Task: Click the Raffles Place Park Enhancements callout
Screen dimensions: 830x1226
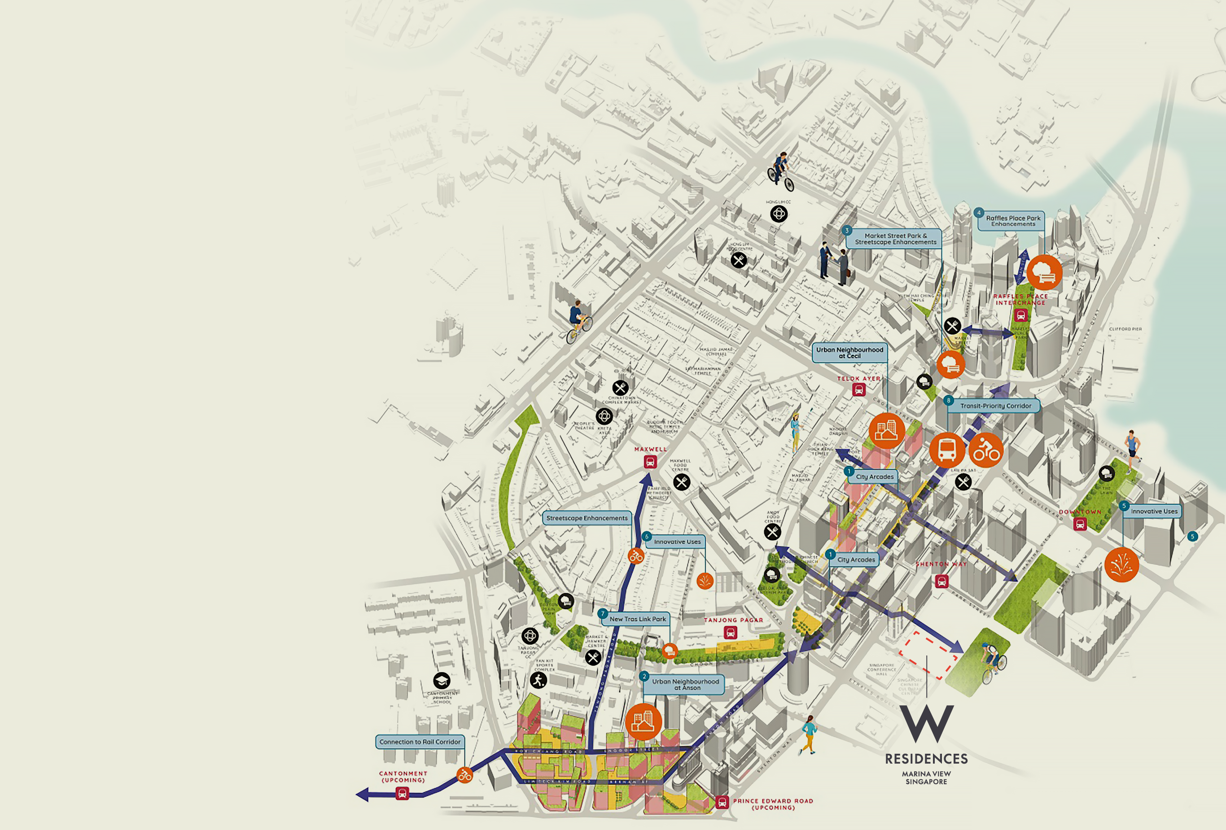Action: (x=1013, y=221)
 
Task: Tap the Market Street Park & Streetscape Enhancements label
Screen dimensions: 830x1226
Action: (x=895, y=239)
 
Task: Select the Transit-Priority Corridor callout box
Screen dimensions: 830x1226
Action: (x=995, y=406)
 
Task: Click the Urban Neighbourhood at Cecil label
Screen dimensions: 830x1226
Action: (x=849, y=353)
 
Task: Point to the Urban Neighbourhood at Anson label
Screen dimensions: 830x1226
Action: (x=685, y=685)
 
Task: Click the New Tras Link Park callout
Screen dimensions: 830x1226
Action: (x=637, y=619)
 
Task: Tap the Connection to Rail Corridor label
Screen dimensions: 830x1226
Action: (x=420, y=742)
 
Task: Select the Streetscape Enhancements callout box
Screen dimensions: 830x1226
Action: (x=587, y=518)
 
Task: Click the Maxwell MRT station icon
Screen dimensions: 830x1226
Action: (x=650, y=462)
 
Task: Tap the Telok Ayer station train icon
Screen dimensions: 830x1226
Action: (x=859, y=390)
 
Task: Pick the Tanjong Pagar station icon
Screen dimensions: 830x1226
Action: (x=730, y=632)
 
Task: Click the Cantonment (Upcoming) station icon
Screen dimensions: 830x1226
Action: (x=402, y=793)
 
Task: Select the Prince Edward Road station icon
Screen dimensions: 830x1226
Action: (x=722, y=803)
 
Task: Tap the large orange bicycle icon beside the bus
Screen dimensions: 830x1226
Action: (x=985, y=450)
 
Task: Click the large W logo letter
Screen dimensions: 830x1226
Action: (x=926, y=724)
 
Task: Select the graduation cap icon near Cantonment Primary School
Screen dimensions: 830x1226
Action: (x=442, y=680)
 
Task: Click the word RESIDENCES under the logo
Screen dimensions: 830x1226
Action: (x=926, y=759)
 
